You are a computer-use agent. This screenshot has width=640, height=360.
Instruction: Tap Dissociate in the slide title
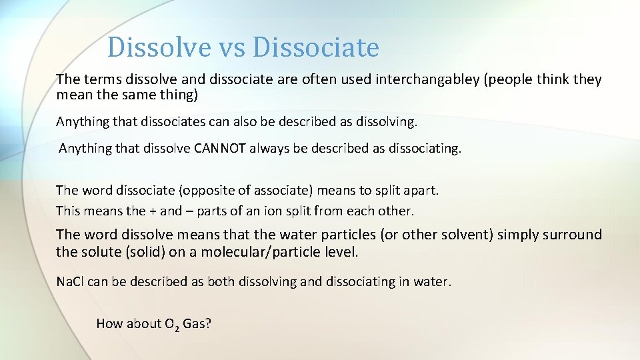(316, 47)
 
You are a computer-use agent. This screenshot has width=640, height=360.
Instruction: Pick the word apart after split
(421, 191)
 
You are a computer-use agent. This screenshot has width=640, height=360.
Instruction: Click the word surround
(573, 235)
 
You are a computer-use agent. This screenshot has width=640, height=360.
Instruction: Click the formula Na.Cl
(70, 282)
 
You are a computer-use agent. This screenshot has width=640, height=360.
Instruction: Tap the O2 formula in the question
(171, 325)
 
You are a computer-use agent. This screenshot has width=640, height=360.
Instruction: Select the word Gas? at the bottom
(197, 324)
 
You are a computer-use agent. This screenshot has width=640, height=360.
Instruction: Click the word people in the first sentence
(508, 80)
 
